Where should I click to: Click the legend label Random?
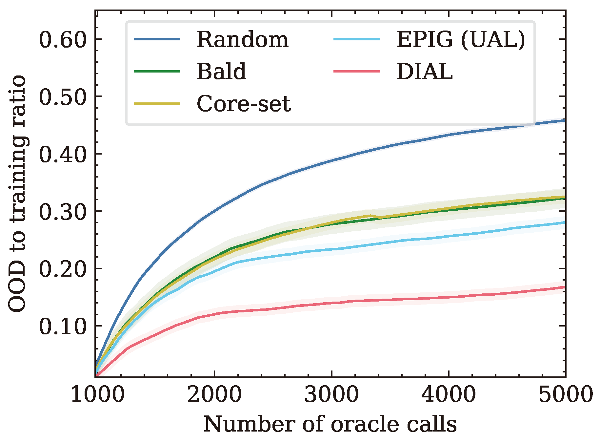point(242,39)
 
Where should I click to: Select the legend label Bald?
point(221,72)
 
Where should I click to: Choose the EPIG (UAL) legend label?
point(461,39)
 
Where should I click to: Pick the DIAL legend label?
point(425,72)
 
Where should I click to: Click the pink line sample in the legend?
point(357,71)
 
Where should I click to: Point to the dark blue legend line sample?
point(157,39)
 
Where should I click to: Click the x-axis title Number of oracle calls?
point(330,424)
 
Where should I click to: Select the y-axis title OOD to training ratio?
point(17,194)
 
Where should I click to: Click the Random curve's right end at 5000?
point(565,120)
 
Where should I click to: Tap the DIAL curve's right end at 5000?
point(565,287)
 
